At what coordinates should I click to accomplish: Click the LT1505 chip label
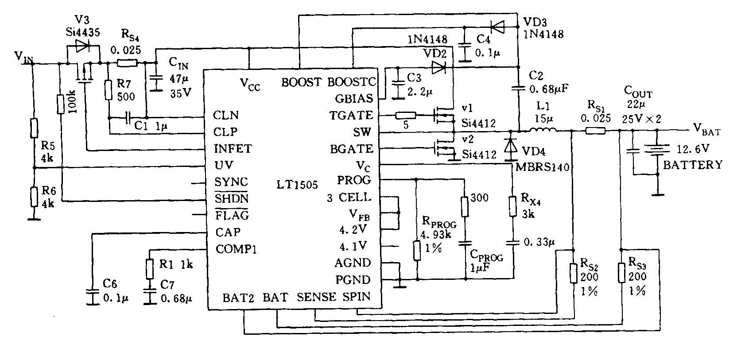tap(297, 185)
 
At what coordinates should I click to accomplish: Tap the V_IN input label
tap(23, 57)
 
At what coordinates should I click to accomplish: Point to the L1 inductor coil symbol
tap(543, 130)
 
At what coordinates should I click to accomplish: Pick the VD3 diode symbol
tap(499, 28)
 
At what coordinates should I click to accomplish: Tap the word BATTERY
tap(692, 165)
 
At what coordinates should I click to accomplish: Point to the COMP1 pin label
tap(237, 249)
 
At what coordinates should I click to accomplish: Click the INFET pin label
tap(233, 148)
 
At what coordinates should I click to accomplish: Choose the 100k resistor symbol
tap(62, 104)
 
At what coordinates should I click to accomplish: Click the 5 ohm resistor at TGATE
tap(405, 116)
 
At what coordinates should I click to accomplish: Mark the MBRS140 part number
tap(543, 167)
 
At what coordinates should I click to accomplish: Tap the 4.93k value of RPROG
tap(436, 234)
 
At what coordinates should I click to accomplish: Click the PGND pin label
tap(353, 280)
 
